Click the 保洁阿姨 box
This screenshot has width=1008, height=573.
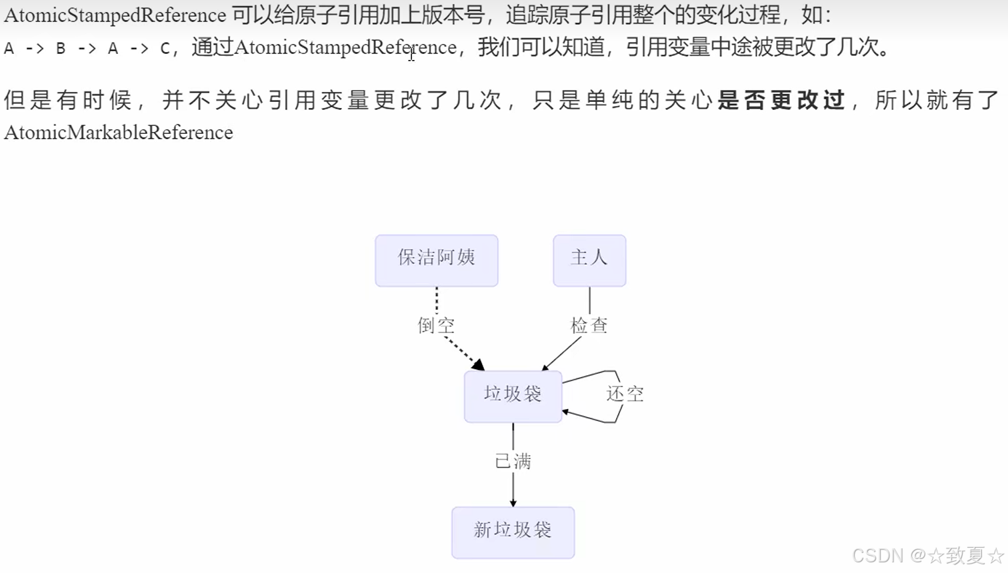coord(436,261)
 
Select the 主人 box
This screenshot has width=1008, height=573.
coord(589,261)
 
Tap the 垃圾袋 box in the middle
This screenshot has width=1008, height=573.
coord(513,396)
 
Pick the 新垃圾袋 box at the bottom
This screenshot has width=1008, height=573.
coord(513,532)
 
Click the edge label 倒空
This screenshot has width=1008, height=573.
coord(436,325)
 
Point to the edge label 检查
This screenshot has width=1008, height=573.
coord(589,325)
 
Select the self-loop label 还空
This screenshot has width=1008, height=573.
coord(625,394)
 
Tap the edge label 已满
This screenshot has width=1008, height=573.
coord(513,461)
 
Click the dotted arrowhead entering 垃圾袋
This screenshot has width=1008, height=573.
coord(478,364)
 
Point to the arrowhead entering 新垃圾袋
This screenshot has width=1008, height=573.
coord(513,502)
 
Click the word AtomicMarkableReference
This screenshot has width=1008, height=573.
coord(119,133)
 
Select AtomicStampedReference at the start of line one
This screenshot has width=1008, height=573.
coord(115,15)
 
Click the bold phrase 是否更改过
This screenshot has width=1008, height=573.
coord(781,100)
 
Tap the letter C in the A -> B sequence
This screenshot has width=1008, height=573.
coord(165,49)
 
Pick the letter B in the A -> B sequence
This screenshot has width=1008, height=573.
coord(61,49)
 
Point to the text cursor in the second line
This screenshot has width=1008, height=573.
coord(411,54)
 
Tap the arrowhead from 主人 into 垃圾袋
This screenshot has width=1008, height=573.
coord(546,367)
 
